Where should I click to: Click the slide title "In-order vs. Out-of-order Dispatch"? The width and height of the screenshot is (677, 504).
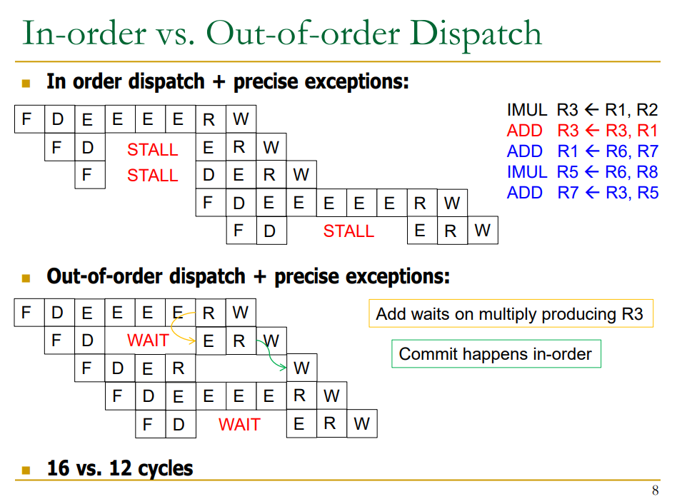pos(281,34)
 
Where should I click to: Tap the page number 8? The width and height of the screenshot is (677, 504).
pos(655,490)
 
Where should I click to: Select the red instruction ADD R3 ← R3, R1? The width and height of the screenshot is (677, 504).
pos(582,131)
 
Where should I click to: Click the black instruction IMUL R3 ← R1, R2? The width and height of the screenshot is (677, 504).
pos(582,110)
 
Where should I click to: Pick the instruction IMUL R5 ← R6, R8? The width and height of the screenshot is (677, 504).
pos(582,172)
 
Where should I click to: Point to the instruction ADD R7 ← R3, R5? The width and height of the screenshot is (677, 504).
pos(582,193)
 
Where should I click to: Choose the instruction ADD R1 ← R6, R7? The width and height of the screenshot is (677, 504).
pos(582,151)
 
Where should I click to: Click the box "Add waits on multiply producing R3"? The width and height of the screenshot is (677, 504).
pos(510,313)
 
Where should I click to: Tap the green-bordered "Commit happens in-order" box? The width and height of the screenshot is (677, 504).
pos(496,354)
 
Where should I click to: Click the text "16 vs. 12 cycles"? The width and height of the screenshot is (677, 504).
pos(120,468)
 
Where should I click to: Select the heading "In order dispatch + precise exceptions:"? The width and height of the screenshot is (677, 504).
pos(227,82)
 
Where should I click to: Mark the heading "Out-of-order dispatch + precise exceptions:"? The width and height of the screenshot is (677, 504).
pos(248,276)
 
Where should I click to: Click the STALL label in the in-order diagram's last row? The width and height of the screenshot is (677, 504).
pos(348,231)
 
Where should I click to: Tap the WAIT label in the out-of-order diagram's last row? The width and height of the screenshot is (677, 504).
pos(239,425)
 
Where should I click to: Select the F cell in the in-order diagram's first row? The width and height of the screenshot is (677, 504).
pos(27,119)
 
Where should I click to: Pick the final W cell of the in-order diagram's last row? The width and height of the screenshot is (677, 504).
pos(483,231)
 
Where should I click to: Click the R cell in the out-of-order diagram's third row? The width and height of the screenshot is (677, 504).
pos(179,368)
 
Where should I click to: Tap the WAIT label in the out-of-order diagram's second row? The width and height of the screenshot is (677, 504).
pos(148,341)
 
